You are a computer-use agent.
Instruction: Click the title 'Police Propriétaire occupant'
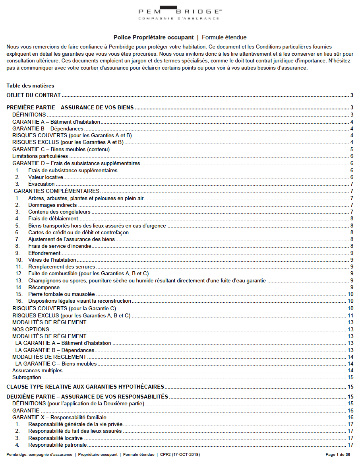[x=153, y=37]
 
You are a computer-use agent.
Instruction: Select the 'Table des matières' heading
[x=30, y=86]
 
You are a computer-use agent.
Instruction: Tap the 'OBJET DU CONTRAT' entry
[x=34, y=95]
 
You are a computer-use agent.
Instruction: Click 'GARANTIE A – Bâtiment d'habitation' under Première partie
[x=56, y=122]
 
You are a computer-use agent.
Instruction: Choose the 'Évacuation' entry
[x=41, y=184]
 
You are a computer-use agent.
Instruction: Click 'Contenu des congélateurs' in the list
[x=59, y=212]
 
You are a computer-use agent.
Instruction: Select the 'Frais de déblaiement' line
[x=53, y=218]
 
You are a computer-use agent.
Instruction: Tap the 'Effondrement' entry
[x=44, y=253]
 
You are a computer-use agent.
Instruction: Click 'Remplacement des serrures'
[x=62, y=267]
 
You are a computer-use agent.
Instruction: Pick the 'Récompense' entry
[x=44, y=287]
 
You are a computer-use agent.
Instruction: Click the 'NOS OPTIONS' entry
[x=31, y=329]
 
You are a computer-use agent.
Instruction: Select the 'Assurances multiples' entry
[x=37, y=370]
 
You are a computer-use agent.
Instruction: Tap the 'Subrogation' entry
[x=27, y=377]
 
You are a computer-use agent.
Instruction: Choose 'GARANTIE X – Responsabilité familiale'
[x=59, y=417]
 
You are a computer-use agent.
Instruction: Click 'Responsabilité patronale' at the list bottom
[x=57, y=445]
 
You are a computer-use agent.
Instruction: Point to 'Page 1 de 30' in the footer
[x=338, y=454]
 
